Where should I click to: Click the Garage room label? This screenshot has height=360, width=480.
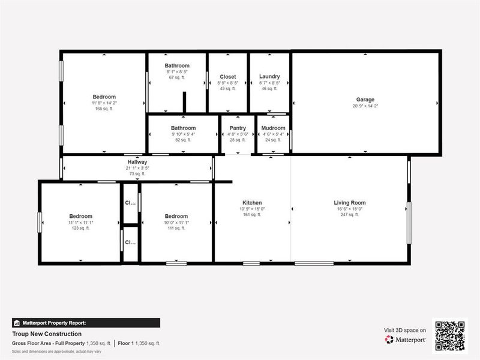(x=365, y=100)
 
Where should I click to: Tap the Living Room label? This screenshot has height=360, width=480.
(x=349, y=203)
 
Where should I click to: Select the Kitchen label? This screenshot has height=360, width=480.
(x=252, y=203)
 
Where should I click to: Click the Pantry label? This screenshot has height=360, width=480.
(x=238, y=128)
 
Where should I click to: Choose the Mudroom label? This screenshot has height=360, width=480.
(x=273, y=128)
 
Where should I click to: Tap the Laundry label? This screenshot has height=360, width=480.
(x=269, y=77)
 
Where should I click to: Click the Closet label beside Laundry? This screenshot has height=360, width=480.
(x=227, y=77)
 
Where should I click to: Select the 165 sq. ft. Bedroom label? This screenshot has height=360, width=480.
(x=104, y=97)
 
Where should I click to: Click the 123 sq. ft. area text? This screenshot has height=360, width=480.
(x=80, y=228)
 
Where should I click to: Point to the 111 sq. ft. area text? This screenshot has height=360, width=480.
(x=176, y=228)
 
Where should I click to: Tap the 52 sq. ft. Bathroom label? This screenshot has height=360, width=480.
(x=183, y=128)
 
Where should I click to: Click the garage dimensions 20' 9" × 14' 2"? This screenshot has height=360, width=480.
(x=365, y=106)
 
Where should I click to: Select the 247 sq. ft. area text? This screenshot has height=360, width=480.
(x=349, y=214)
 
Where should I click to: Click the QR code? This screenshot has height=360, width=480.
(x=450, y=334)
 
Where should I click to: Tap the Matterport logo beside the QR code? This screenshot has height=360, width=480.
(x=406, y=340)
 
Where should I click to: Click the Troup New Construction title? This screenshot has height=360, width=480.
(x=47, y=334)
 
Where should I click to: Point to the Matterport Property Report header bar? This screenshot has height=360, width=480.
(x=86, y=323)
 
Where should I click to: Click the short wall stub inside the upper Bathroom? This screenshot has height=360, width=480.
(x=185, y=101)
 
